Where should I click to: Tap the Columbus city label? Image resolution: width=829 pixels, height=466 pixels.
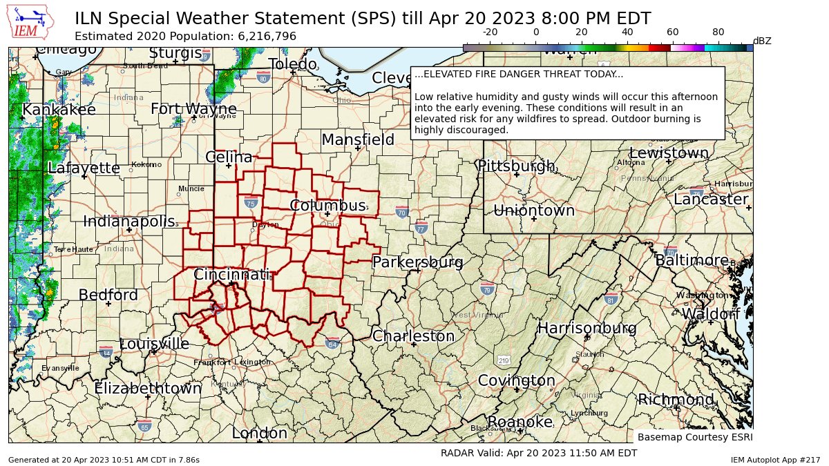tap(327, 206)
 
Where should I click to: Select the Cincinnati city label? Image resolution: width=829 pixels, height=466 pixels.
tap(231, 275)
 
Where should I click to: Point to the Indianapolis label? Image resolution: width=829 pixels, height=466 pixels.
tap(129, 222)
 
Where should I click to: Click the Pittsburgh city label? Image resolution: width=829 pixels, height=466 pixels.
tap(516, 166)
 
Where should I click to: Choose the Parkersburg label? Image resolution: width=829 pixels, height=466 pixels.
tap(417, 262)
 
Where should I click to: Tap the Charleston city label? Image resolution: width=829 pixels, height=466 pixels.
tap(413, 336)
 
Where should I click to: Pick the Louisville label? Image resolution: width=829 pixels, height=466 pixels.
tap(154, 344)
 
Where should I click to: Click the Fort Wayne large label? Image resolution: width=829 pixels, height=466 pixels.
tap(193, 109)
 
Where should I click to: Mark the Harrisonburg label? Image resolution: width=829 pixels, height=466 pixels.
tap(587, 328)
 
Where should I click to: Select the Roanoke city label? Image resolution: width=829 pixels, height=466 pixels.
tap(520, 422)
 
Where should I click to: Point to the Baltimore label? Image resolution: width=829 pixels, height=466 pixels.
tap(692, 260)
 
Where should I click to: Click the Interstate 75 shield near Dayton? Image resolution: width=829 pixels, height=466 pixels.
tap(251, 202)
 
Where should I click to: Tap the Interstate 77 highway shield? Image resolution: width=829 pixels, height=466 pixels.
tap(421, 228)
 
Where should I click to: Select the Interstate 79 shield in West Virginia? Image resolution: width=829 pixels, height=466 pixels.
tap(488, 289)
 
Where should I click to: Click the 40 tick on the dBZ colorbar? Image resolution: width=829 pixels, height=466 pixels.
tap(627, 32)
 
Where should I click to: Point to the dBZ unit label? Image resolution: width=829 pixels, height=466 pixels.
tap(761, 41)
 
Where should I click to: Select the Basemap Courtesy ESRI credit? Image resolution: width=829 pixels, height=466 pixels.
tap(694, 437)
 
